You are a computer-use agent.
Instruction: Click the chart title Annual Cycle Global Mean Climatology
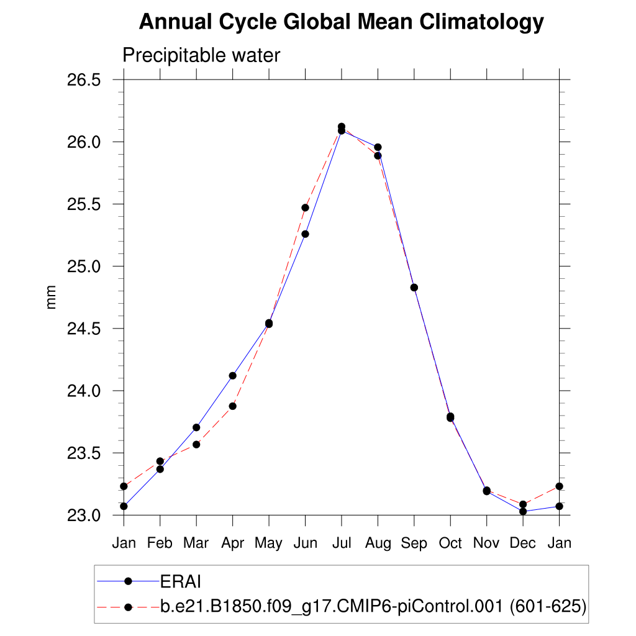341,23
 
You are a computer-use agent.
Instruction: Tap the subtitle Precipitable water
201,56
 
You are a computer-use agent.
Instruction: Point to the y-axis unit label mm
52,298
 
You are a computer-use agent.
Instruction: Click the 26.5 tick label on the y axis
83,80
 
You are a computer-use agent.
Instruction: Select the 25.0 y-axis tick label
83,266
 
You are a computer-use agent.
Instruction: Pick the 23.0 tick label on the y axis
83,516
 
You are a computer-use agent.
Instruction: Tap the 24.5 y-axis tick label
83,329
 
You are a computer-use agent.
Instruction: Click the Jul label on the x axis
342,543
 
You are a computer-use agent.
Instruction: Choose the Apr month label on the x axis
232,543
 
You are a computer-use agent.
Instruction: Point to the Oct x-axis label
450,543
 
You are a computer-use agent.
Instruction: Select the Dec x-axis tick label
523,543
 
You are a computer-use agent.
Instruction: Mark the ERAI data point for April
233,376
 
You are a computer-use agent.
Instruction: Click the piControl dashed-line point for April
233,406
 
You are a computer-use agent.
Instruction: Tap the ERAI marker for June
305,234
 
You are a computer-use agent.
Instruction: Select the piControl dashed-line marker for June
305,207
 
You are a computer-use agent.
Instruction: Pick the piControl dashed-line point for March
196,445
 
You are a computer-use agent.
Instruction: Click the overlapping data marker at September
414,288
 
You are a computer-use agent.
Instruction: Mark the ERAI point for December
523,511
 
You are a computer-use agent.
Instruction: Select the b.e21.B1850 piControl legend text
373,607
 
